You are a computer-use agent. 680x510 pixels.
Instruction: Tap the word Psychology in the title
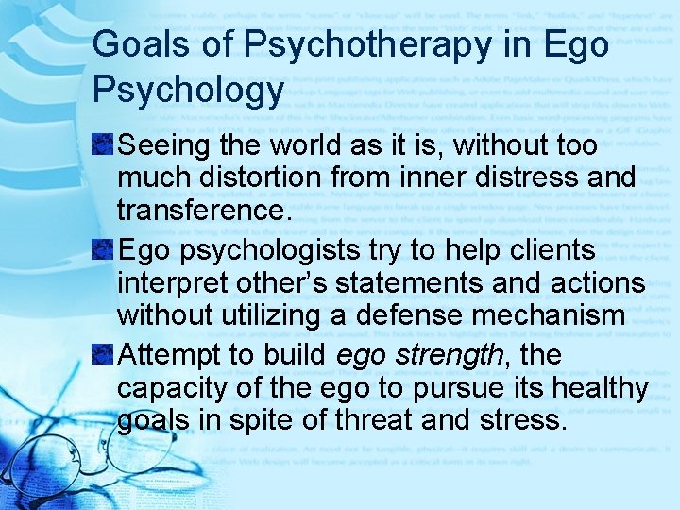coord(188,90)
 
